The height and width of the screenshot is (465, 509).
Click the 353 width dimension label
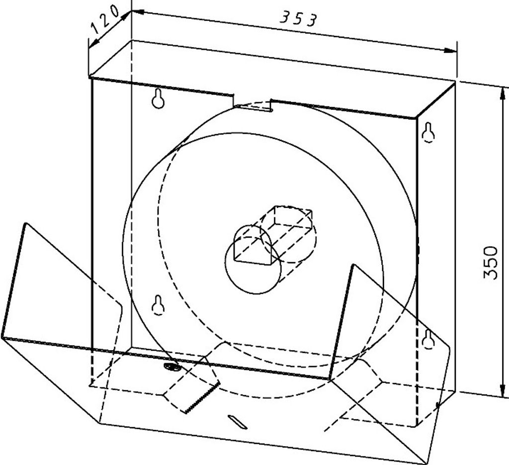(298, 19)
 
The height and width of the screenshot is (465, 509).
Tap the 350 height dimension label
(490, 263)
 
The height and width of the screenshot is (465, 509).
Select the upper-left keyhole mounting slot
(158, 98)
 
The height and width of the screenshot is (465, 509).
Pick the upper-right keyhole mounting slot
(428, 132)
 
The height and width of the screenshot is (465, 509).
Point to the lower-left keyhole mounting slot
(158, 305)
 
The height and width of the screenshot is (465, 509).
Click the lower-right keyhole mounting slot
(428, 339)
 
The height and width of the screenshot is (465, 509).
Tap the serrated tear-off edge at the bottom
(202, 398)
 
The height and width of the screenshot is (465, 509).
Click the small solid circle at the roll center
(253, 265)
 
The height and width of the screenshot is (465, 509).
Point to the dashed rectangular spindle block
(273, 233)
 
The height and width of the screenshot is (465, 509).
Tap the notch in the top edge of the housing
(252, 104)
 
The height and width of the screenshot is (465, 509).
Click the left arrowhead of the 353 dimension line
(138, 12)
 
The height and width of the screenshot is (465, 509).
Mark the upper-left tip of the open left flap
(25, 223)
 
